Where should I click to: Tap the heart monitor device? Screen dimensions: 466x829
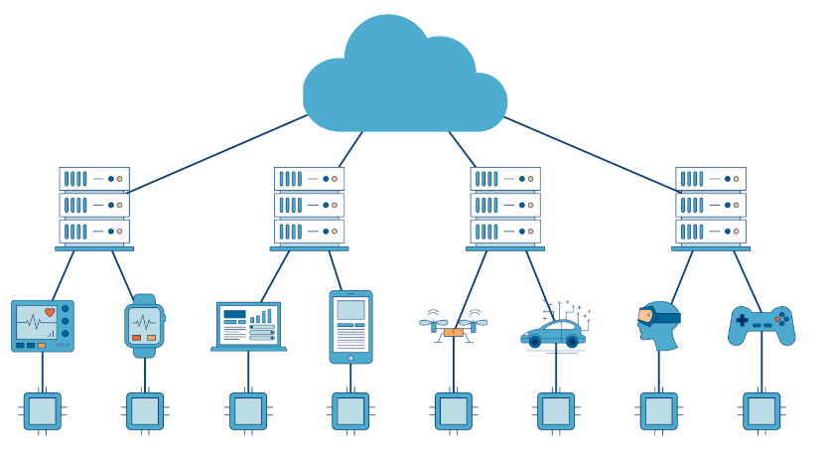(42, 325)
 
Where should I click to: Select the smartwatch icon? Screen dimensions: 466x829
(145, 326)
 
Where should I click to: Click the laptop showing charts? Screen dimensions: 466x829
(248, 326)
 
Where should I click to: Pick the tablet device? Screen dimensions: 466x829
(350, 326)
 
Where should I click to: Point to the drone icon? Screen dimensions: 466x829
(453, 326)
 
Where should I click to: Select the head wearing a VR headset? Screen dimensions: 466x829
(658, 325)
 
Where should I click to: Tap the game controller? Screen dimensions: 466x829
(761, 325)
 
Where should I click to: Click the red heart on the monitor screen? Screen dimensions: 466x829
(50, 312)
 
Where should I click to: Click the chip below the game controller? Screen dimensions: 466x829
(761, 410)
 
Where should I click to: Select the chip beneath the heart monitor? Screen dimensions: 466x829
(42, 410)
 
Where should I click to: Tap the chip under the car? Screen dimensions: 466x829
(555, 410)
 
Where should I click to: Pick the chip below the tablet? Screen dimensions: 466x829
(350, 410)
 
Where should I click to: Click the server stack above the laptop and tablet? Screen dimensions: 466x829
(309, 206)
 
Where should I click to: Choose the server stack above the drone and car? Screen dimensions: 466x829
(504, 206)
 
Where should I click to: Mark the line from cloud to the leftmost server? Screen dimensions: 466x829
(218, 153)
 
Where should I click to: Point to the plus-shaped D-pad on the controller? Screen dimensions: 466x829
(742, 320)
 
